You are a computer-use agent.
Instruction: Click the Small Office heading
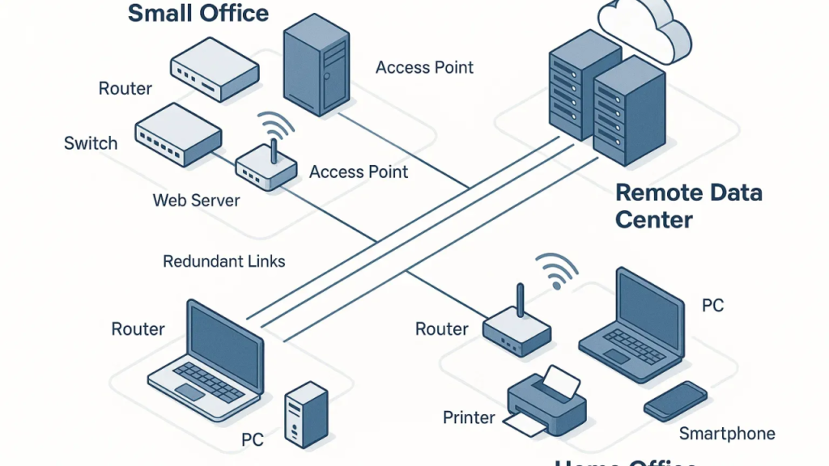coord(198,13)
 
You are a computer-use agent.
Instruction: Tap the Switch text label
coord(91,144)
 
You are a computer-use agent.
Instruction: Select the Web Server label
coord(197,199)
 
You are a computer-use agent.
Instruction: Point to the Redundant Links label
coord(224,261)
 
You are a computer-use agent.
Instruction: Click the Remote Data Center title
coord(688,205)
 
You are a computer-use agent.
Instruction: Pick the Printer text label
coord(469,417)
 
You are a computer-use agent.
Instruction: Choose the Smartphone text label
coord(727,434)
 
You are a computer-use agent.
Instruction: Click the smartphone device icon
coord(675,400)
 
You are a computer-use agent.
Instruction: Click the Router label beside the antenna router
coord(442,328)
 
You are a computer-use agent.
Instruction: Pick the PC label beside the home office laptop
coord(712,306)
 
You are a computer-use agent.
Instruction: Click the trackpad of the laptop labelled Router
coord(189,392)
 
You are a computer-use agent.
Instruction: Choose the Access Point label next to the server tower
coord(424,67)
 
